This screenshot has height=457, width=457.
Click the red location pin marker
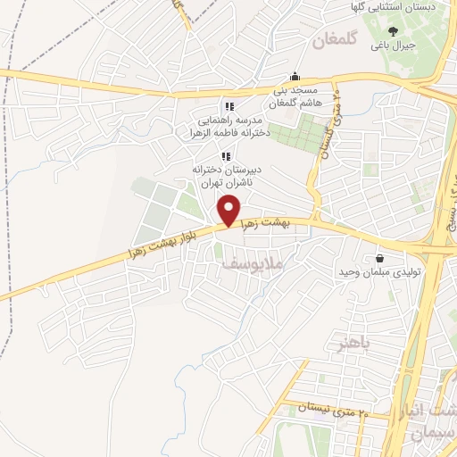(x=229, y=211)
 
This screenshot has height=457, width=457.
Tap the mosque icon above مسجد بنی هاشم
(x=295, y=77)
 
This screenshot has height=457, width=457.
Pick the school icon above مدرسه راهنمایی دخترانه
(x=229, y=107)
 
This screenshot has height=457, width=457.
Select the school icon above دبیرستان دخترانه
(x=225, y=155)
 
